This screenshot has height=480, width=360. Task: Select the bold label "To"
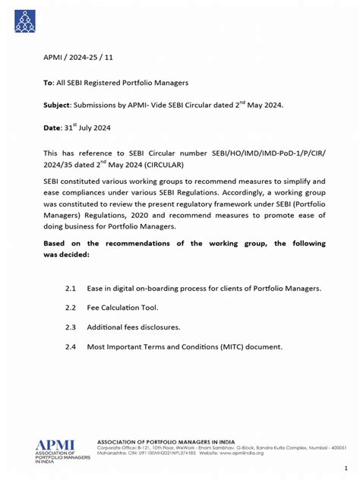[47, 81]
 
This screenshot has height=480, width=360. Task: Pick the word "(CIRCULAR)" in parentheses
[183, 164]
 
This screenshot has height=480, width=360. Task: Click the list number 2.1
[72, 289]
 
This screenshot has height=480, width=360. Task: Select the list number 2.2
[72, 308]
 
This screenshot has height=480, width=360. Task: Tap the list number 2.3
[72, 327]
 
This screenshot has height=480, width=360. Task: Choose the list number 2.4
[72, 346]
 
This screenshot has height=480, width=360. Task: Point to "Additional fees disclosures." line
[133, 327]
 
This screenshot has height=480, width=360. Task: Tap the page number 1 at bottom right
[346, 468]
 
